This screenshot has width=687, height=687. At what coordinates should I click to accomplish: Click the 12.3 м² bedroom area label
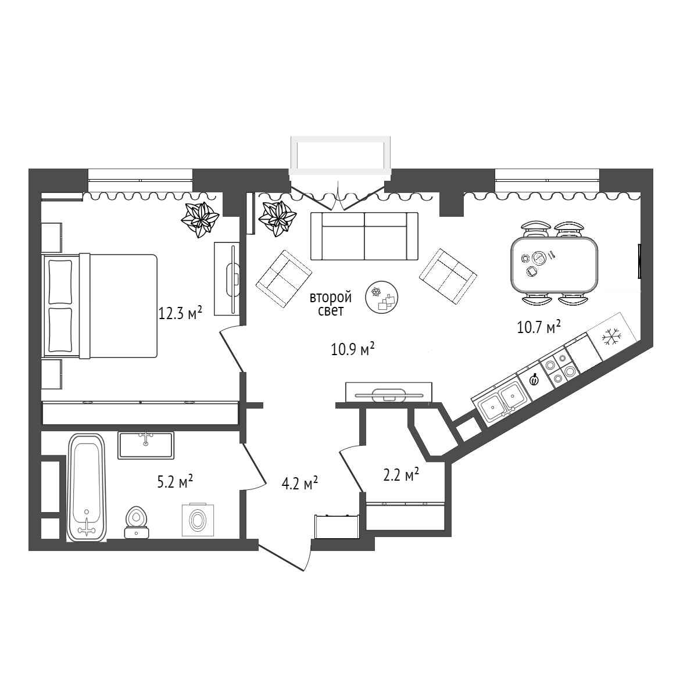pos(180,313)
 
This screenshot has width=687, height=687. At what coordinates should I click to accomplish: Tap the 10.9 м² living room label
pos(353,350)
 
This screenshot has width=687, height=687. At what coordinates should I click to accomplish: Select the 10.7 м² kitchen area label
pos(539,327)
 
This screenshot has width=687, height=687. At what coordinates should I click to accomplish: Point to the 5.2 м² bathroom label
pos(176,482)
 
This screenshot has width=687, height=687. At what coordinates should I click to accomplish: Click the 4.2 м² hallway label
pos(300,484)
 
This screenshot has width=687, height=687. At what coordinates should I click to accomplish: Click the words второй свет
pos(331,304)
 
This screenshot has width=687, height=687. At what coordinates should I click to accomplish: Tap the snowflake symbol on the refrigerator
pos(611,337)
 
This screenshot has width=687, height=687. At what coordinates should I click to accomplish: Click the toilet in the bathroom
pos(136,523)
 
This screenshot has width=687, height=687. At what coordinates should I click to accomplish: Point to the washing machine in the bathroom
pos(198,520)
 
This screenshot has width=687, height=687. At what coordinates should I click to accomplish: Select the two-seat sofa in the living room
pos(364,236)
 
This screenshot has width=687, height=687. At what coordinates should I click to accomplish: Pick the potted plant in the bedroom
pos(200,219)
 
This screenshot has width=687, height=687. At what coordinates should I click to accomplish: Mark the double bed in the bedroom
pos(100,305)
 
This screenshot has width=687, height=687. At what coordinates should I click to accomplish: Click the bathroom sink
pos(146,445)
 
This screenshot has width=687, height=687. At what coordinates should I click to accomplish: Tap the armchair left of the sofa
pos(284,278)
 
